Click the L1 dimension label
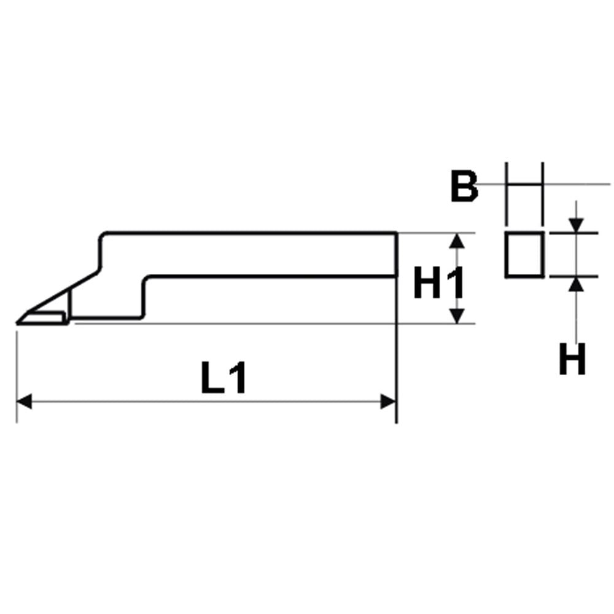(x=223, y=378)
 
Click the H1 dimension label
(x=439, y=282)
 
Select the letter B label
(x=464, y=186)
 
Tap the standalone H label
(x=572, y=359)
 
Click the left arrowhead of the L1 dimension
(x=24, y=402)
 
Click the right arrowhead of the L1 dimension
(x=388, y=402)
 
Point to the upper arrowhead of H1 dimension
(x=457, y=241)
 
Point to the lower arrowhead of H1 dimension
(x=457, y=316)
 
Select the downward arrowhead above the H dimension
(x=576, y=225)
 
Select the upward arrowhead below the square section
(x=576, y=284)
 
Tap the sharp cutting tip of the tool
(x=17, y=323)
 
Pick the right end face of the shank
(x=396, y=255)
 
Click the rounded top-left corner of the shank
(x=102, y=236)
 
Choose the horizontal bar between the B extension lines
(x=525, y=184)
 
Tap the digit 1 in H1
(x=457, y=282)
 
